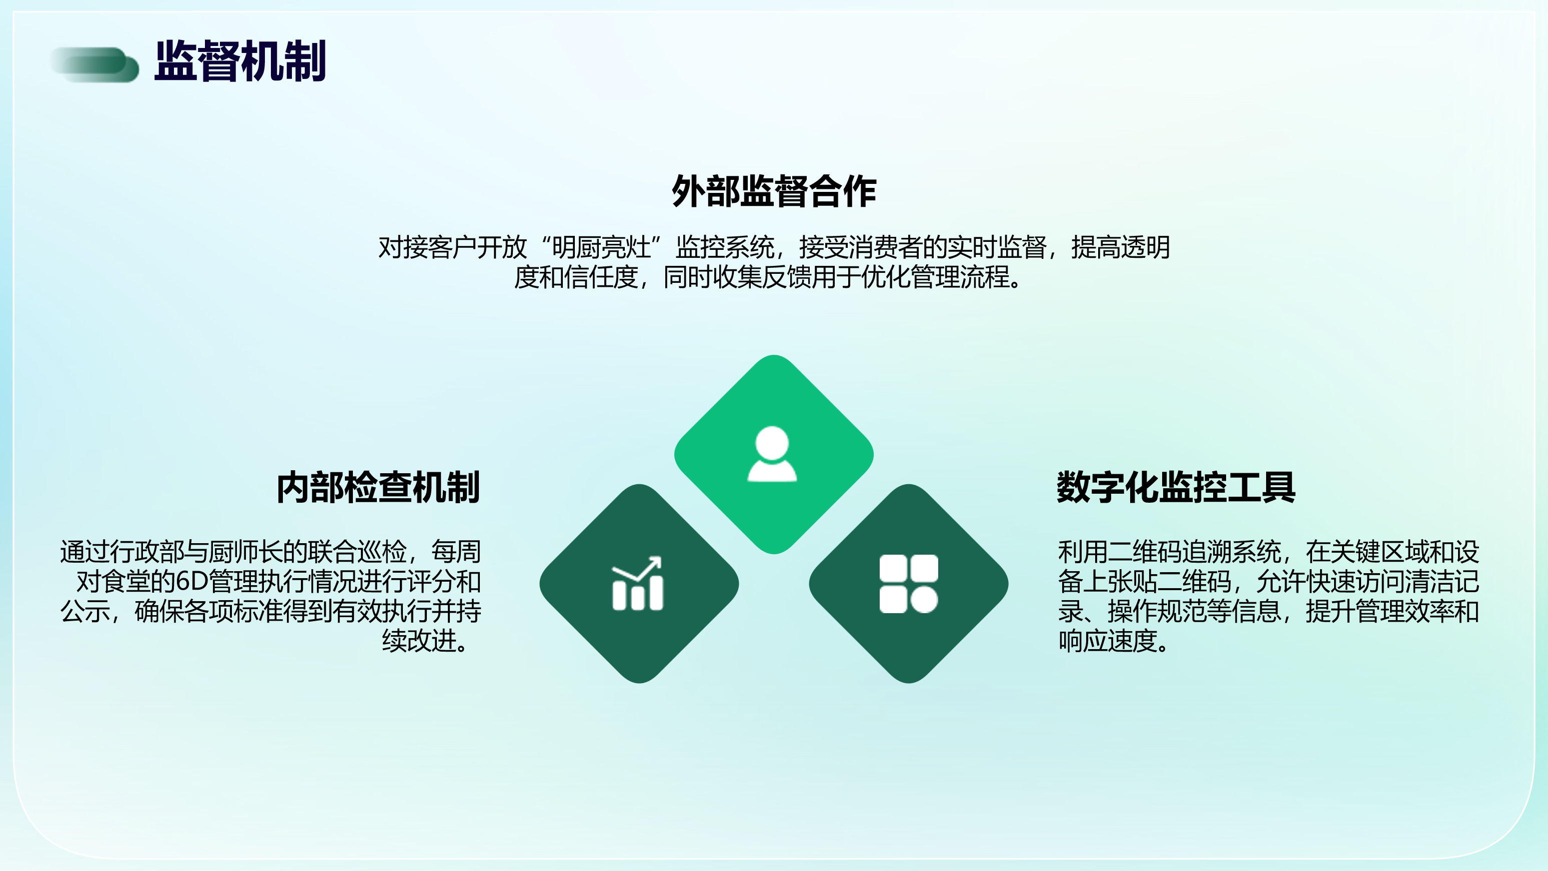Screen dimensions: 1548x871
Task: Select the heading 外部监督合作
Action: point(774,191)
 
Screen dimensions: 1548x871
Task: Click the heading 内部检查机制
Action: point(378,487)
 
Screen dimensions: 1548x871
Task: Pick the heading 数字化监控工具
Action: point(1176,487)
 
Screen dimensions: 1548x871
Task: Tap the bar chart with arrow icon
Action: point(638,583)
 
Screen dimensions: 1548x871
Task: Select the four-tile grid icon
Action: point(909,584)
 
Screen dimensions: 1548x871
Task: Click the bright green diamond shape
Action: point(774,454)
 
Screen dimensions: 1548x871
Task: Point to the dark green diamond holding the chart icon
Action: point(639,584)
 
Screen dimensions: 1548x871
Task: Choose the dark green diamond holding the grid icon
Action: point(909,584)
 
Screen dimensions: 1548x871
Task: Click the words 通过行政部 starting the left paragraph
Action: point(122,551)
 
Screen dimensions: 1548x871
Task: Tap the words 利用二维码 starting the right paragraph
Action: point(1120,551)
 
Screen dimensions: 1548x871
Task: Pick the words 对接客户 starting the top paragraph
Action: point(427,247)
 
